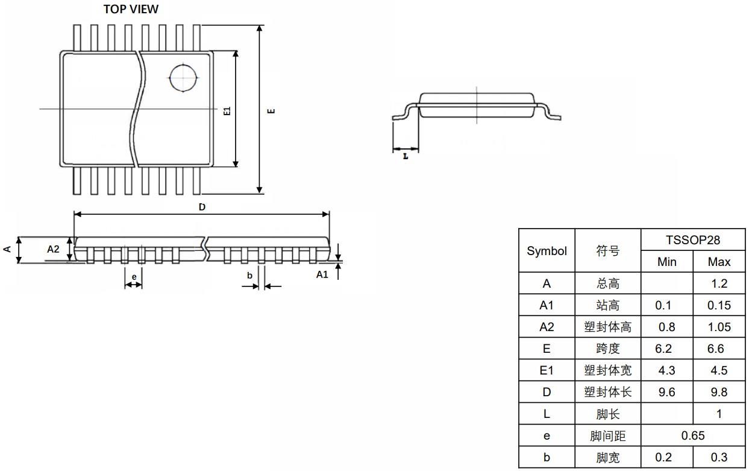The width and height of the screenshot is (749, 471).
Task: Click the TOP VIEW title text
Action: (131, 9)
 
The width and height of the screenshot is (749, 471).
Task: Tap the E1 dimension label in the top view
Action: (227, 110)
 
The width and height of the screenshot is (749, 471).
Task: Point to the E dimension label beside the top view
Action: (271, 110)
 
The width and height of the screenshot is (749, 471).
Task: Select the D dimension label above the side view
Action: (202, 207)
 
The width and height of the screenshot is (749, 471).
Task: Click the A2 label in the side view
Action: (54, 249)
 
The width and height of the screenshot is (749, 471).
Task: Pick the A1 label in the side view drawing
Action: (322, 274)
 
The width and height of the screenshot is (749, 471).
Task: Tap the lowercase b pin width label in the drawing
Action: (249, 275)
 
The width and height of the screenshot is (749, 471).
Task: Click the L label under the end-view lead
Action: (406, 156)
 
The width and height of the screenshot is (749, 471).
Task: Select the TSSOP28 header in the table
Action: (692, 240)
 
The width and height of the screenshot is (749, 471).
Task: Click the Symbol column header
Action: (547, 251)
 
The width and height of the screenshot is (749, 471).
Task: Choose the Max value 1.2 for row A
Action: (719, 283)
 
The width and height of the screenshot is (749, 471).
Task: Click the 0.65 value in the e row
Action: (692, 435)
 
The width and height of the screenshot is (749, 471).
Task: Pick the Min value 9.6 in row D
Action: (666, 392)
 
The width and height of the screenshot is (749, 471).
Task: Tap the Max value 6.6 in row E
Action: (719, 349)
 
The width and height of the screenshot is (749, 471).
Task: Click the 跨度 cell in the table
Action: (607, 349)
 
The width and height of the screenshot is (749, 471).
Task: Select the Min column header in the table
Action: (666, 262)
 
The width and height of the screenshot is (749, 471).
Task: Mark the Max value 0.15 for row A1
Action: (719, 305)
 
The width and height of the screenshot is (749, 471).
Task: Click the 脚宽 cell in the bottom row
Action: (607, 457)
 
